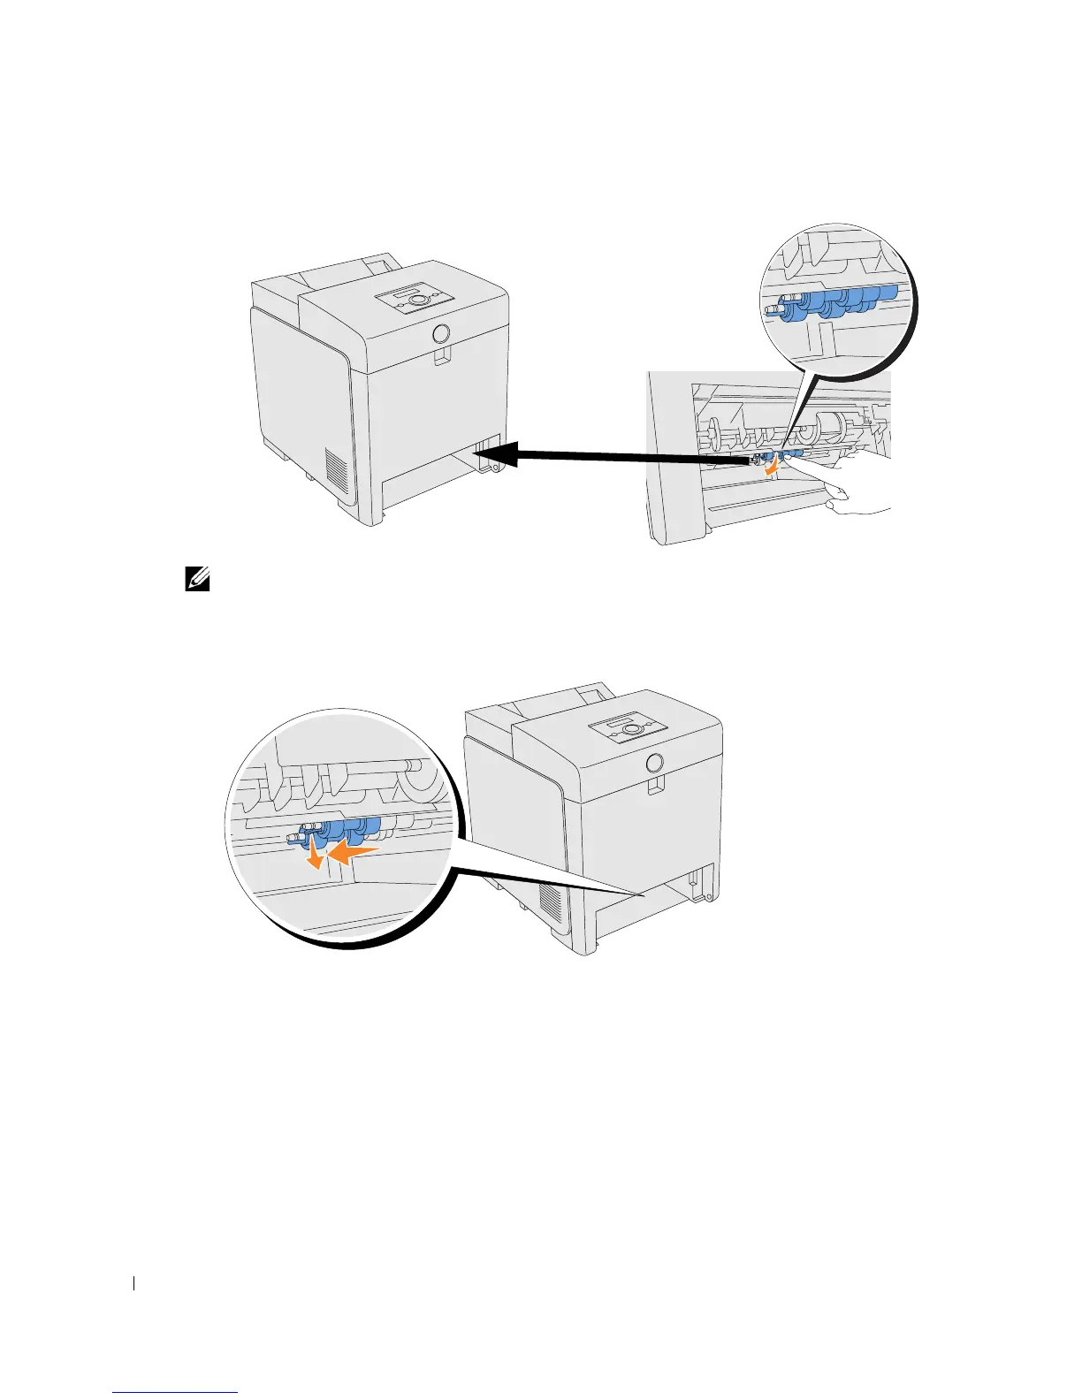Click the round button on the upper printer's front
tap(442, 334)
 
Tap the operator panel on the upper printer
tap(415, 300)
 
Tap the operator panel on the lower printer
tap(629, 730)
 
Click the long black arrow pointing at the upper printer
tap(610, 456)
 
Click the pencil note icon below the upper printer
tap(197, 580)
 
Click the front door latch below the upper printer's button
tap(442, 357)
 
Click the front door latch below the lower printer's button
tap(654, 786)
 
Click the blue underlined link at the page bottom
tap(176, 1393)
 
